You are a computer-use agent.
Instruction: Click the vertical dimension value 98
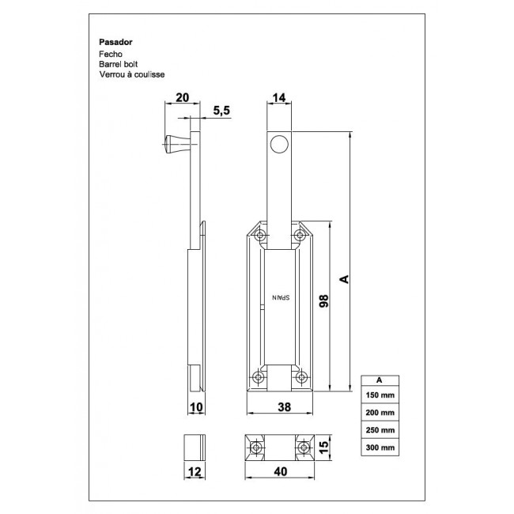[322, 301]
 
